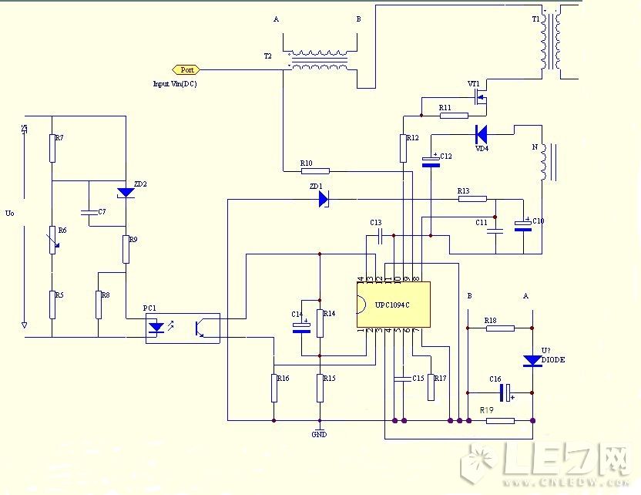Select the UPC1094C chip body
393,305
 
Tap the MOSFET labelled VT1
480,97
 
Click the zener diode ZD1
323,199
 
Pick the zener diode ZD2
125,192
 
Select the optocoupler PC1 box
183,328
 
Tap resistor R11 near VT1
453,116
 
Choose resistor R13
472,199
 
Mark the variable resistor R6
52,240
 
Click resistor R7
52,148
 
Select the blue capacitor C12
431,160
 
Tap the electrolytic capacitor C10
524,226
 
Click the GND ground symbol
320,429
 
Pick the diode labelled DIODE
532,360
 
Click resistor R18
500,328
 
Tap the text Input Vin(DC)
175,83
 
